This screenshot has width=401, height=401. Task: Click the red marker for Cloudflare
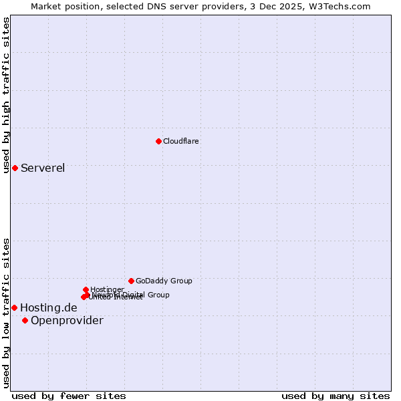click(158, 141)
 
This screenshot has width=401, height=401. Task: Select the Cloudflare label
click(181, 141)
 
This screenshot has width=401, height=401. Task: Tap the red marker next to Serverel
click(15, 168)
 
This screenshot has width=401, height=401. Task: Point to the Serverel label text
click(43, 168)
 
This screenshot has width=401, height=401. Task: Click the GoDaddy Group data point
click(131, 281)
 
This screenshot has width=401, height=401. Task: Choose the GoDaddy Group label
click(164, 281)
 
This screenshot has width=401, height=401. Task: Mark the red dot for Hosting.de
click(14, 307)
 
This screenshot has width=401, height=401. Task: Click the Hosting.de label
click(49, 307)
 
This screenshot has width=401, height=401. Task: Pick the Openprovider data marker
click(25, 320)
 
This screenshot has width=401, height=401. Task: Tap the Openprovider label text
click(67, 320)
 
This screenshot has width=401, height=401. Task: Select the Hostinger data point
click(86, 289)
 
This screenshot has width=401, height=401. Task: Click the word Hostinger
click(108, 289)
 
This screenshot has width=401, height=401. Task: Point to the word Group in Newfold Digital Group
click(158, 295)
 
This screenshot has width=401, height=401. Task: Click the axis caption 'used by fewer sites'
click(69, 396)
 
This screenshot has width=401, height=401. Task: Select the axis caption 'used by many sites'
click(336, 396)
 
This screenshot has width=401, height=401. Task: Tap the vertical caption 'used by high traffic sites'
click(7, 95)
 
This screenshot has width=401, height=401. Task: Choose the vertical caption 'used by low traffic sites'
click(7, 313)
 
